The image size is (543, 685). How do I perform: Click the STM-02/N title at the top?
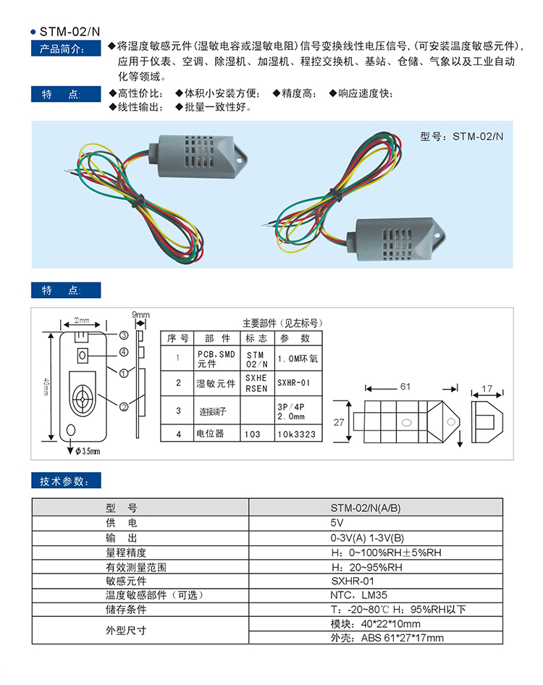tap(69, 32)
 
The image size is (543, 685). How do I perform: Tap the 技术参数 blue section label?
tap(66, 482)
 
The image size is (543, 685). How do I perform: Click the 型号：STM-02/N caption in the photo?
tap(461, 135)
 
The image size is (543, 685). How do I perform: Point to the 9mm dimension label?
tap(140, 314)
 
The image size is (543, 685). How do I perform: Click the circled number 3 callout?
tap(124, 335)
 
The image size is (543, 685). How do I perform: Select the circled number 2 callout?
tap(124, 406)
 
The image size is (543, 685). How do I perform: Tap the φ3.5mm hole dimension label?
tap(87, 450)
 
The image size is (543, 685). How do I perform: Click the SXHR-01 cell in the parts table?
tap(294, 383)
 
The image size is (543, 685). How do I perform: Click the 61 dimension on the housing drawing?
tap(405, 387)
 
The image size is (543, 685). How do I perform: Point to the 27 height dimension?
tap(338, 421)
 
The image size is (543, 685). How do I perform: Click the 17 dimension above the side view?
tap(487, 389)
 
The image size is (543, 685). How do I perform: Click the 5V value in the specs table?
tap(376, 522)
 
